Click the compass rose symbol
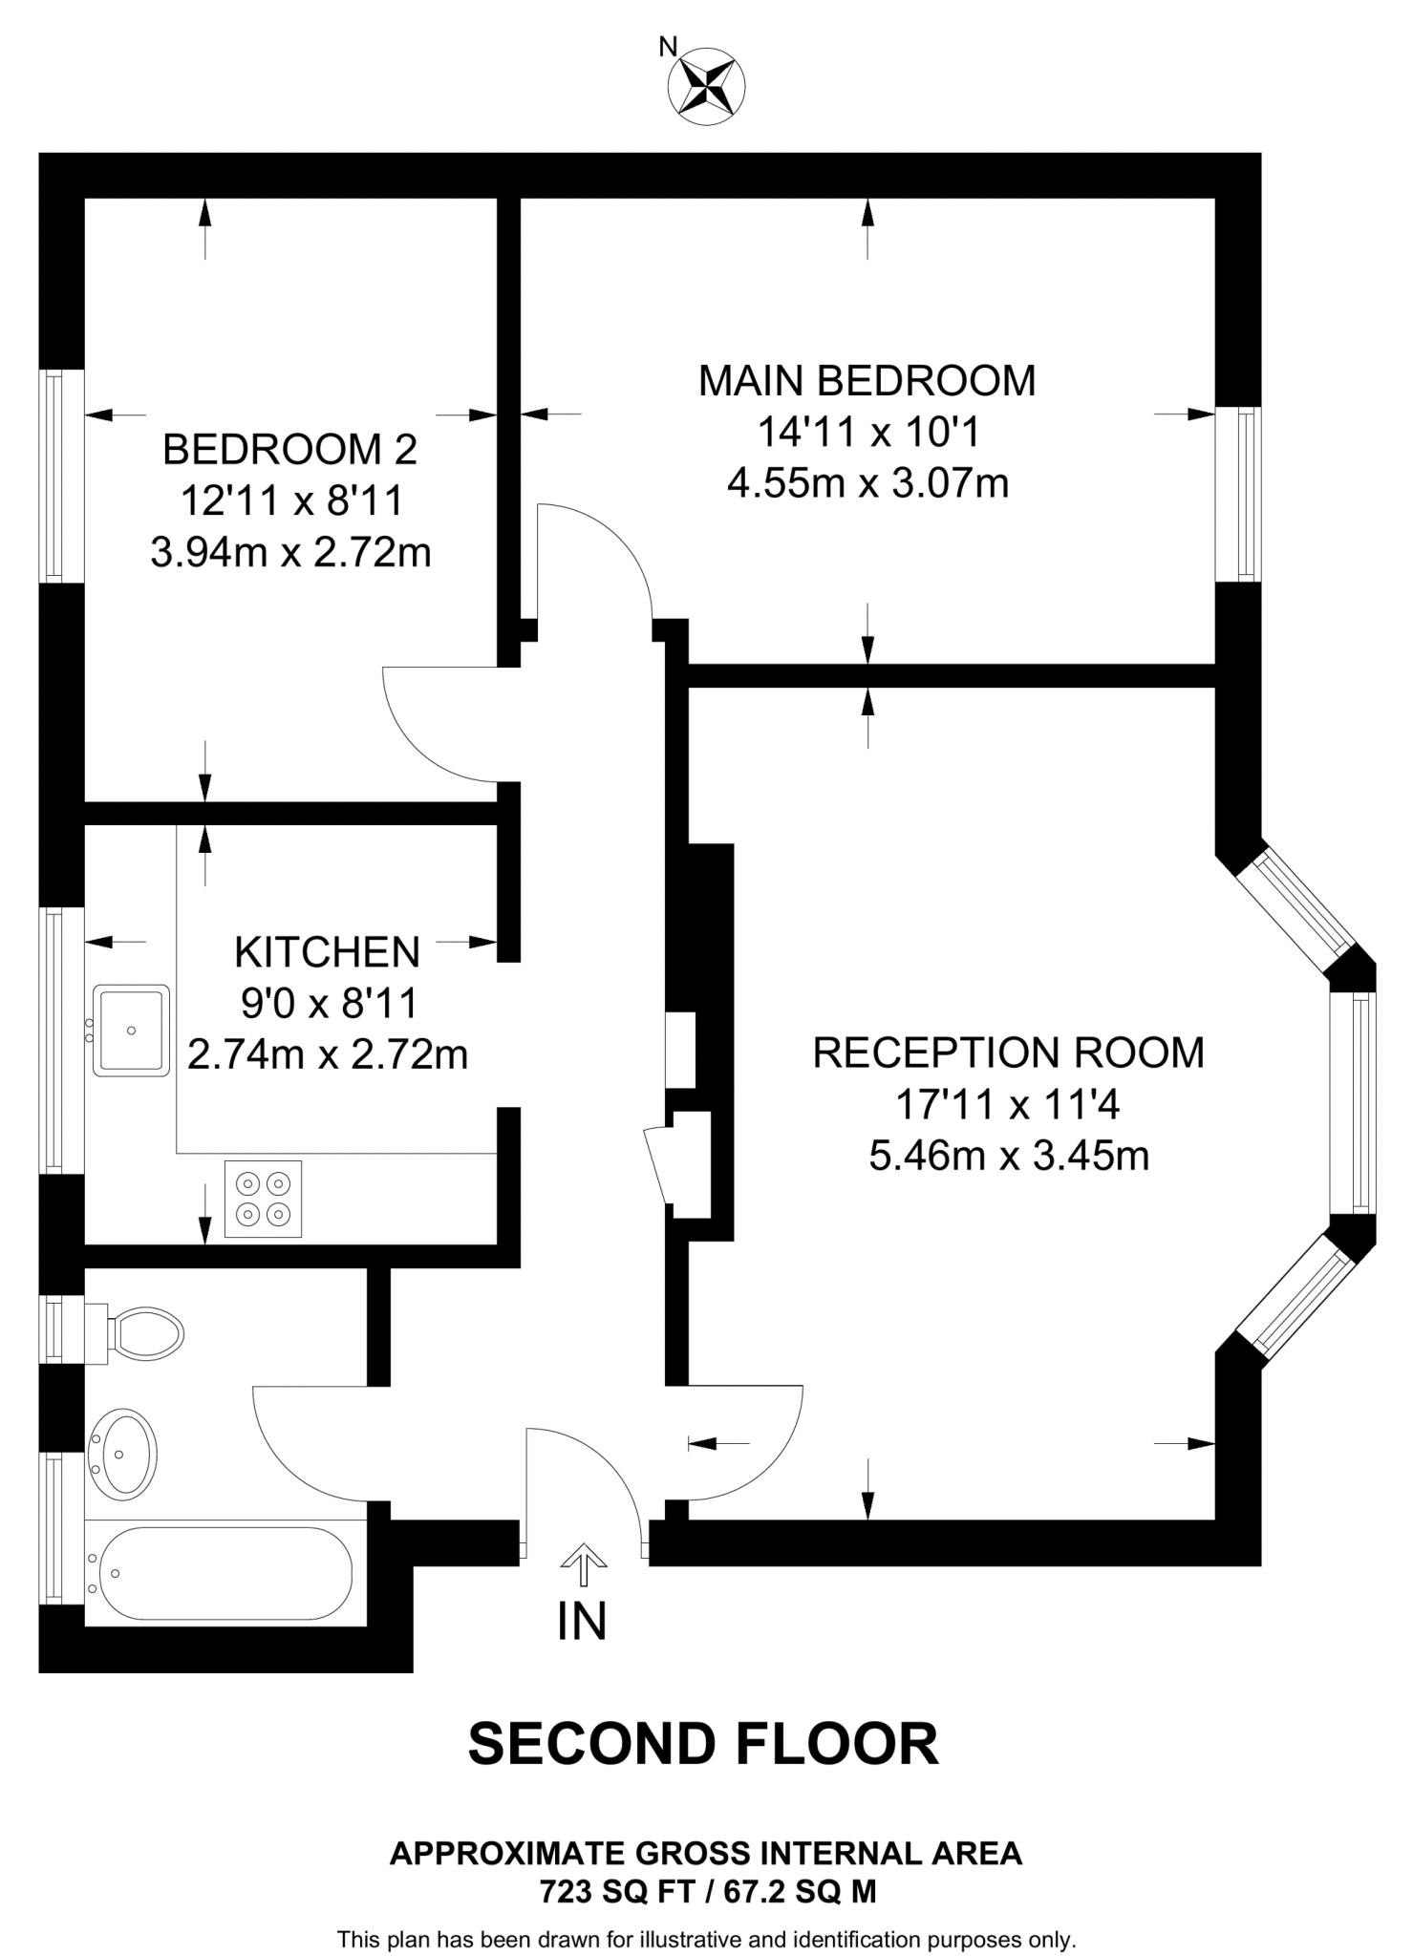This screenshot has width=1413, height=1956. (x=705, y=86)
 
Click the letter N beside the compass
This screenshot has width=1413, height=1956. (x=669, y=47)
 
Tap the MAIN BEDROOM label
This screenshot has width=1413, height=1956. (x=867, y=380)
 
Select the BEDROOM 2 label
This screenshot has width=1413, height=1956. (x=289, y=449)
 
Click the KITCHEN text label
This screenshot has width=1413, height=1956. (x=327, y=952)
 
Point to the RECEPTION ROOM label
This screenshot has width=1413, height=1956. (x=1008, y=1052)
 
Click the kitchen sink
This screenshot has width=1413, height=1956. (x=131, y=1031)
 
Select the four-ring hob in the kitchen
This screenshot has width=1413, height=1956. (x=264, y=1199)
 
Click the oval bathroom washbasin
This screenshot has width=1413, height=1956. (x=123, y=1453)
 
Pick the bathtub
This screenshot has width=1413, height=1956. (x=220, y=1573)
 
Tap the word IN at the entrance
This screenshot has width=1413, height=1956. (x=582, y=1621)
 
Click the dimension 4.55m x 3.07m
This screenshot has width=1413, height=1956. (x=867, y=483)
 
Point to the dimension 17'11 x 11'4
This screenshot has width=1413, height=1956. (x=1007, y=1105)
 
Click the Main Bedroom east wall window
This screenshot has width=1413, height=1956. (x=1238, y=493)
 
